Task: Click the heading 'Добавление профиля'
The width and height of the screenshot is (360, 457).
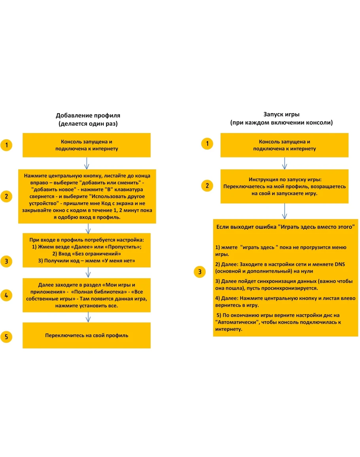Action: [87, 116]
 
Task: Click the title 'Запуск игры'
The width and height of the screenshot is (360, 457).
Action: [281, 114]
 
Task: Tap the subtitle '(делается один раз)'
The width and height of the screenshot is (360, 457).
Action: [87, 124]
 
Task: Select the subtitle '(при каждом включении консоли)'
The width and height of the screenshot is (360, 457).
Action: [281, 123]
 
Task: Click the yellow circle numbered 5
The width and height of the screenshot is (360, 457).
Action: [6, 337]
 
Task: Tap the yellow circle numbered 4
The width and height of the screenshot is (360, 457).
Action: [6, 295]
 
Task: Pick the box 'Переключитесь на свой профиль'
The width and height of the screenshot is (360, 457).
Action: [87, 336]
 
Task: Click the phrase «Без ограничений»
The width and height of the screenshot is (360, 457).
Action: [95, 253]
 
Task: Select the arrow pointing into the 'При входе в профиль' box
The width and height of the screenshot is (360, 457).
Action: [87, 228]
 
